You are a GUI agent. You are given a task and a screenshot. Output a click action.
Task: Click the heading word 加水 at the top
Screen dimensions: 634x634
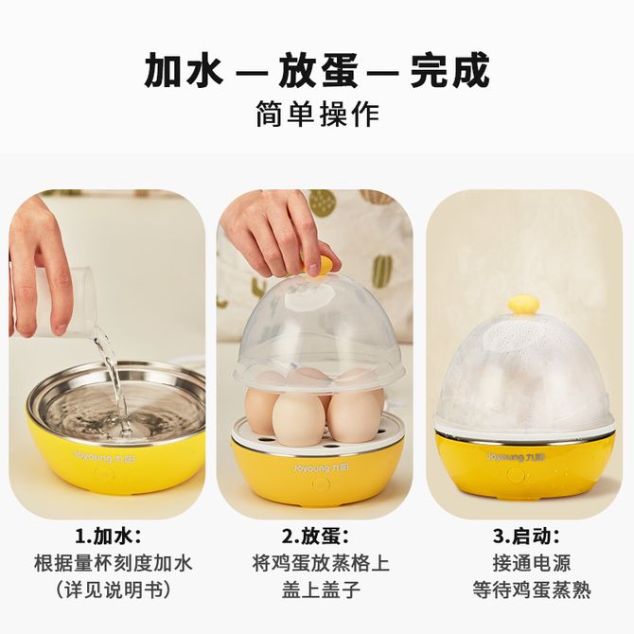tap(185, 71)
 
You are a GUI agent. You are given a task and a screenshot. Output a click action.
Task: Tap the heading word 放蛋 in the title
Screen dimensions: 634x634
tap(318, 71)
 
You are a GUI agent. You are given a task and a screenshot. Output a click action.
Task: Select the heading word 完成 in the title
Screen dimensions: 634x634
tap(450, 71)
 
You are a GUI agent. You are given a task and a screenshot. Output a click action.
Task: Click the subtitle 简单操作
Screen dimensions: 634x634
tap(318, 114)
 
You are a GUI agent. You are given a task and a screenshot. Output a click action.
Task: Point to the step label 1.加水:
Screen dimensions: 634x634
tap(109, 537)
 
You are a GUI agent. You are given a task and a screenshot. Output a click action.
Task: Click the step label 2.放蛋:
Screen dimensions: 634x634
tap(315, 537)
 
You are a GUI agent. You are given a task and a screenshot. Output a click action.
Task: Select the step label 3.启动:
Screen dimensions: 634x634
tap(526, 537)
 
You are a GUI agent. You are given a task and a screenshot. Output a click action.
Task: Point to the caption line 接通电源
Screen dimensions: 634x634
tap(531, 563)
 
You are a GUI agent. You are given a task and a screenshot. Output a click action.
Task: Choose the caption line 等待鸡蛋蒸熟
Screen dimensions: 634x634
tap(532, 590)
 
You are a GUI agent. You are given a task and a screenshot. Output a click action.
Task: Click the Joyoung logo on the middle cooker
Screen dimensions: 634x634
tap(321, 468)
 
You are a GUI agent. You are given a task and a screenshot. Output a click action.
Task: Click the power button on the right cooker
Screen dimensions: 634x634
tap(516, 476)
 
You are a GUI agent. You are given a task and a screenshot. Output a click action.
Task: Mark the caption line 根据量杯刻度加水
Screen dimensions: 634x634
tap(114, 563)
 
